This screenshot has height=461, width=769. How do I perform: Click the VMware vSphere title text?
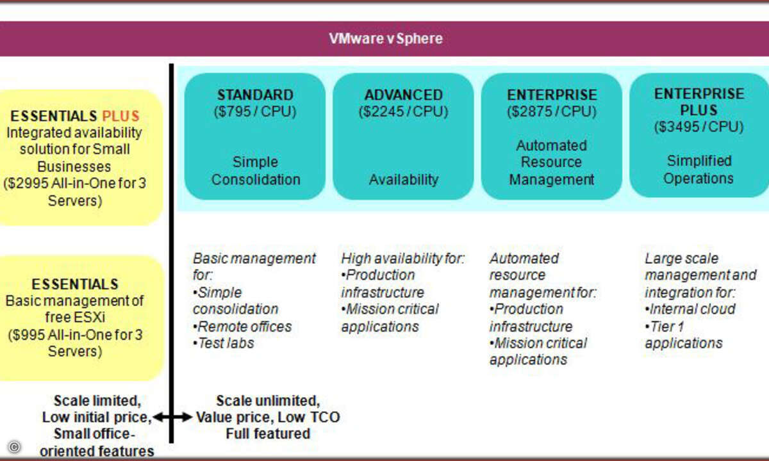point(386,38)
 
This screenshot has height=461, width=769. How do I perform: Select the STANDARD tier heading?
point(256,95)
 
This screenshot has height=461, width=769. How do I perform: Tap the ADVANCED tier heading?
point(403,95)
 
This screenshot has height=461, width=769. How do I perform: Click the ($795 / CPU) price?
point(255,112)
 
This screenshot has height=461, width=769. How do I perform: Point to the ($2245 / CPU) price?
point(403,112)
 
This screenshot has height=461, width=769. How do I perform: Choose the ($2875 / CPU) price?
point(552,112)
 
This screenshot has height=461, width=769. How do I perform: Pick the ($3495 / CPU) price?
point(699,127)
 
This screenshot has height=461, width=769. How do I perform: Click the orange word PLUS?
point(121,117)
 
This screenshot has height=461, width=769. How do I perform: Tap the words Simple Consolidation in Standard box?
point(256,171)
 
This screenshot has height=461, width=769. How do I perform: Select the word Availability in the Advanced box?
point(404,179)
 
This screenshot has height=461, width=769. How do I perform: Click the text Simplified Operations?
point(699,170)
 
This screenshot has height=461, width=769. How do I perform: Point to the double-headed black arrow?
point(172,417)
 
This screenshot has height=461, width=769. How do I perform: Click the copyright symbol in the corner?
point(14,447)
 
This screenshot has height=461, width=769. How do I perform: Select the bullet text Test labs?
point(224,343)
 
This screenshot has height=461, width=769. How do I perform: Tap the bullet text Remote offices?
point(242,327)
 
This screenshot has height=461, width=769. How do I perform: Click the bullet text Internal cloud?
point(690,309)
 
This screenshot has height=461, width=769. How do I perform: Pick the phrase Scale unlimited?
point(268,401)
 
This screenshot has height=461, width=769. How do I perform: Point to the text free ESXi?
point(75,318)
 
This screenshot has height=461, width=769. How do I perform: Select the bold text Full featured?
point(268,433)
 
